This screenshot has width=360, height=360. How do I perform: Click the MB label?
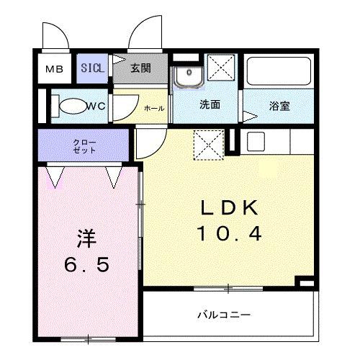click(x=55, y=70)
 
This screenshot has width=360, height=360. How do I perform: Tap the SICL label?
click(x=92, y=68)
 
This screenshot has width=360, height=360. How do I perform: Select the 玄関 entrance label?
click(x=140, y=69)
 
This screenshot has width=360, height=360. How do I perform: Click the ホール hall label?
click(x=154, y=108)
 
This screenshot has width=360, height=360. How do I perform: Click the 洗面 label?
click(x=210, y=106)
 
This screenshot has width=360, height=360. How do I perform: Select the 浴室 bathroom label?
click(x=279, y=106)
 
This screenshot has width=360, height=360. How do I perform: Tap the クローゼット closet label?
click(x=84, y=146)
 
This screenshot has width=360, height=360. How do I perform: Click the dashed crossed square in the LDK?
click(x=207, y=144)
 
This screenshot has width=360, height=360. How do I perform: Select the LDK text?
click(x=228, y=209)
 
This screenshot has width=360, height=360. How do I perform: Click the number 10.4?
click(x=228, y=233)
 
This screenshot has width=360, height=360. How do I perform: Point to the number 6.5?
click(x=86, y=265)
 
